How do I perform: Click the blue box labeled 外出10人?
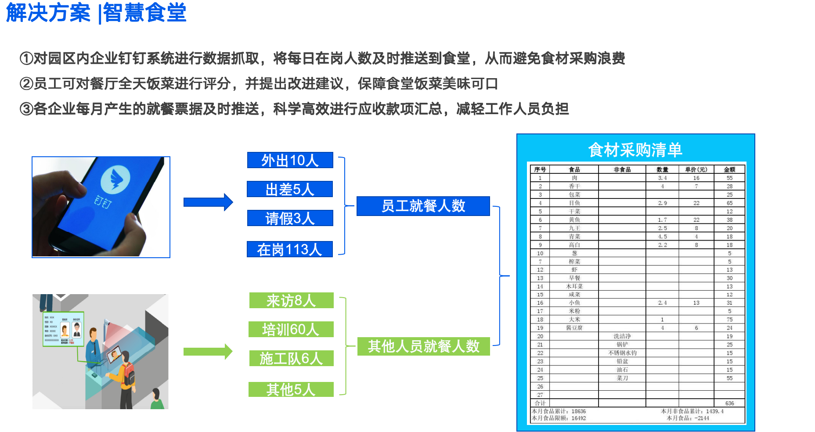290,160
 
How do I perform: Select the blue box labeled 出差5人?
290,189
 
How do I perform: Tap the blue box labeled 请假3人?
290,218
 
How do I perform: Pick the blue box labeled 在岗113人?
290,249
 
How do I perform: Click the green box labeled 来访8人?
291,301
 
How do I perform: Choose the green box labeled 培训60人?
291,329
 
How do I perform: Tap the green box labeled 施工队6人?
291,358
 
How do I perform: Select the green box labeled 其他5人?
291,389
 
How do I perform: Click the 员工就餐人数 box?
423,206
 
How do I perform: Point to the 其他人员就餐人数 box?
423,346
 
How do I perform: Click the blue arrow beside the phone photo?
208,202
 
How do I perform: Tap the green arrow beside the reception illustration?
208,352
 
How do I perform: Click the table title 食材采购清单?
635,150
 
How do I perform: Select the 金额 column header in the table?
729,169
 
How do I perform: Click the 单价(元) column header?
696,169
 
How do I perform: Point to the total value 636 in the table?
729,403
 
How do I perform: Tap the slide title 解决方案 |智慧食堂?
96,12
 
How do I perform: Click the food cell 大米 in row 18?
574,320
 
